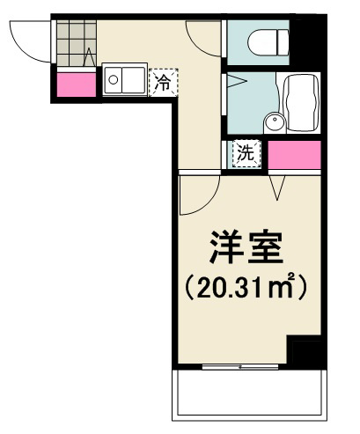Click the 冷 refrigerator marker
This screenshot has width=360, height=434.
click(x=163, y=84)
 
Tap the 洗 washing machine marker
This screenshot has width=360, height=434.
click(x=246, y=153)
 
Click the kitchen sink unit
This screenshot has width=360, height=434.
click(x=125, y=83)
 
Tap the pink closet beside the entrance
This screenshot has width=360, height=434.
click(x=77, y=85)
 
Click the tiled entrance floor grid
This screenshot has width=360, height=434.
click(x=77, y=41)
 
